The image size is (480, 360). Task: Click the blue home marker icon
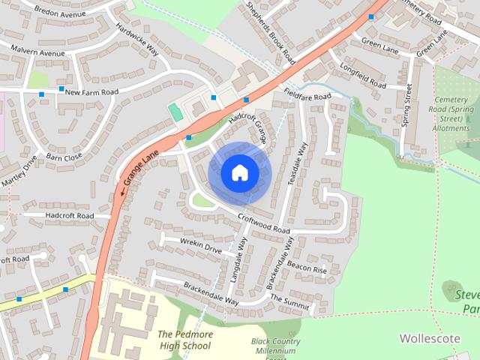click(x=239, y=173)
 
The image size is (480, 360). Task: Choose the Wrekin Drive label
click(x=201, y=245)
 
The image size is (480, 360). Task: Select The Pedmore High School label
click(x=184, y=340)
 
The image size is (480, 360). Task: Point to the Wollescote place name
click(x=430, y=338)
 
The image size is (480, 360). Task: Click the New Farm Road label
click(x=91, y=92)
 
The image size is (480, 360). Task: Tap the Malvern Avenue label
click(x=37, y=52)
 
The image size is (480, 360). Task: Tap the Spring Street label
click(x=407, y=106)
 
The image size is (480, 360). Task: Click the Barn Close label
click(x=64, y=157)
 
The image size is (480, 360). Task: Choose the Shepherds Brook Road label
click(x=271, y=32)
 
